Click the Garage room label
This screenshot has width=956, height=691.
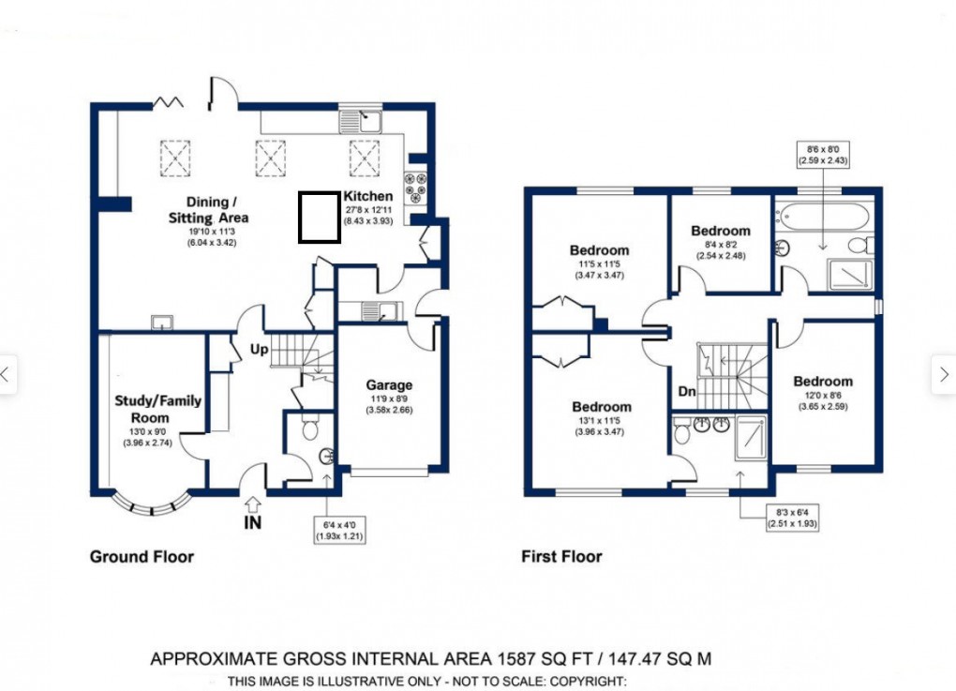click(x=389, y=385)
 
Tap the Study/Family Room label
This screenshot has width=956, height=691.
click(x=157, y=409)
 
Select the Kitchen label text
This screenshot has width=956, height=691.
click(x=367, y=196)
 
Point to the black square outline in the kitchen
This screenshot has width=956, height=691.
click(x=319, y=217)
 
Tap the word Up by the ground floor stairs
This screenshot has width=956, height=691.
click(x=259, y=350)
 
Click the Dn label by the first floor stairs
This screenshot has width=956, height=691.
click(x=686, y=391)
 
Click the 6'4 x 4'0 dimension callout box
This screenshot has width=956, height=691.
click(x=338, y=531)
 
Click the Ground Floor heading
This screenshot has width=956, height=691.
click(x=142, y=557)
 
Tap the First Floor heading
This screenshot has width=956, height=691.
click(x=561, y=557)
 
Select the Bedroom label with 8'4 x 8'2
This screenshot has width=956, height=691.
click(x=720, y=231)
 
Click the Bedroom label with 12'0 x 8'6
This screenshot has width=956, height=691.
click(x=823, y=382)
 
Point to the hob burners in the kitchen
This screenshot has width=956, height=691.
click(x=414, y=186)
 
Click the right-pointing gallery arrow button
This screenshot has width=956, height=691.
click(x=943, y=375)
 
